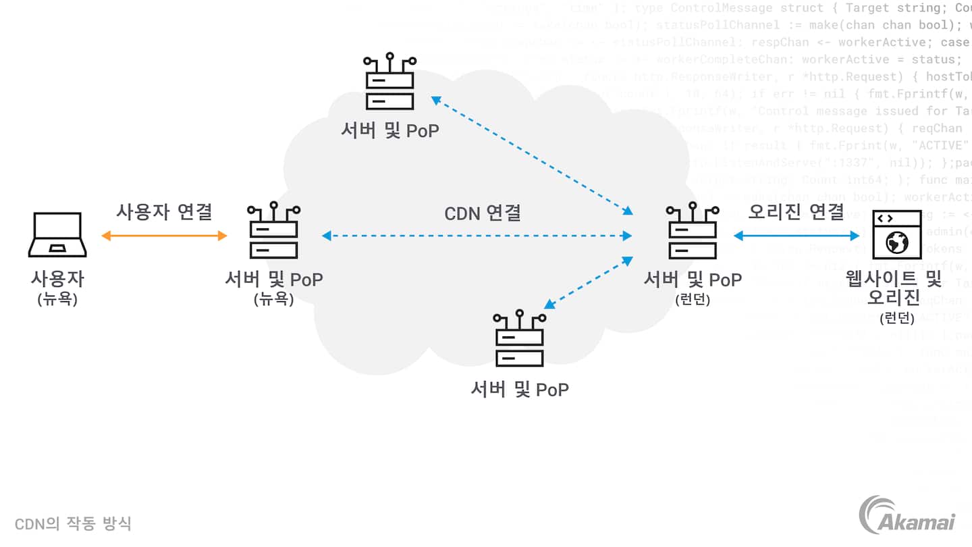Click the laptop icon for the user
click(x=57, y=234)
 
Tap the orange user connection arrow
click(x=164, y=236)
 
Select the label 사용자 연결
click(x=164, y=211)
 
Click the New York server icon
click(x=273, y=230)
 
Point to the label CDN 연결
click(x=482, y=213)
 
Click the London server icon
click(x=692, y=230)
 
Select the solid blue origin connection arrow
click(x=796, y=236)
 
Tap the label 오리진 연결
click(x=796, y=211)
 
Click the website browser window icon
click(x=896, y=234)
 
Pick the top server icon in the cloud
click(x=389, y=82)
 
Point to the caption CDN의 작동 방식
click(x=73, y=523)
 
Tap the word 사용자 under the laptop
click(x=57, y=278)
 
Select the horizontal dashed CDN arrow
click(x=477, y=236)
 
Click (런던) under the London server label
click(x=693, y=300)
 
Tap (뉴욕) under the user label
click(x=57, y=299)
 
